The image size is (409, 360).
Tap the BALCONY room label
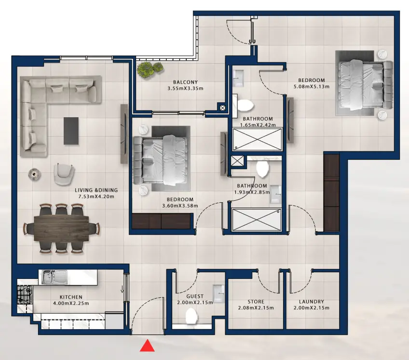[186, 82]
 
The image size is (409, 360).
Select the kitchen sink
[49, 277]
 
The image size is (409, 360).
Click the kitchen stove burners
[25, 294]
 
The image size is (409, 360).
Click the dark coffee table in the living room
[71, 131]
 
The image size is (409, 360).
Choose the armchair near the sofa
[64, 173]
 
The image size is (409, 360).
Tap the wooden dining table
[61, 228]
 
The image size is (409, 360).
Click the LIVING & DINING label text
[96, 190]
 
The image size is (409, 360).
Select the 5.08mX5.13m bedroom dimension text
[311, 87]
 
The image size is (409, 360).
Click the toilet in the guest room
[192, 316]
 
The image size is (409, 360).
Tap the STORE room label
[256, 302]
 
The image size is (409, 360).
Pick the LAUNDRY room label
[311, 302]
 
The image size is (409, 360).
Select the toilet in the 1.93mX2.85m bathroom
[263, 169]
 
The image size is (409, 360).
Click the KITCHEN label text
[71, 297]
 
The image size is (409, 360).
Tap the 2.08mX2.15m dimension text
[256, 308]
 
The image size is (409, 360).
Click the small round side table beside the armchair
[35, 173]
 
